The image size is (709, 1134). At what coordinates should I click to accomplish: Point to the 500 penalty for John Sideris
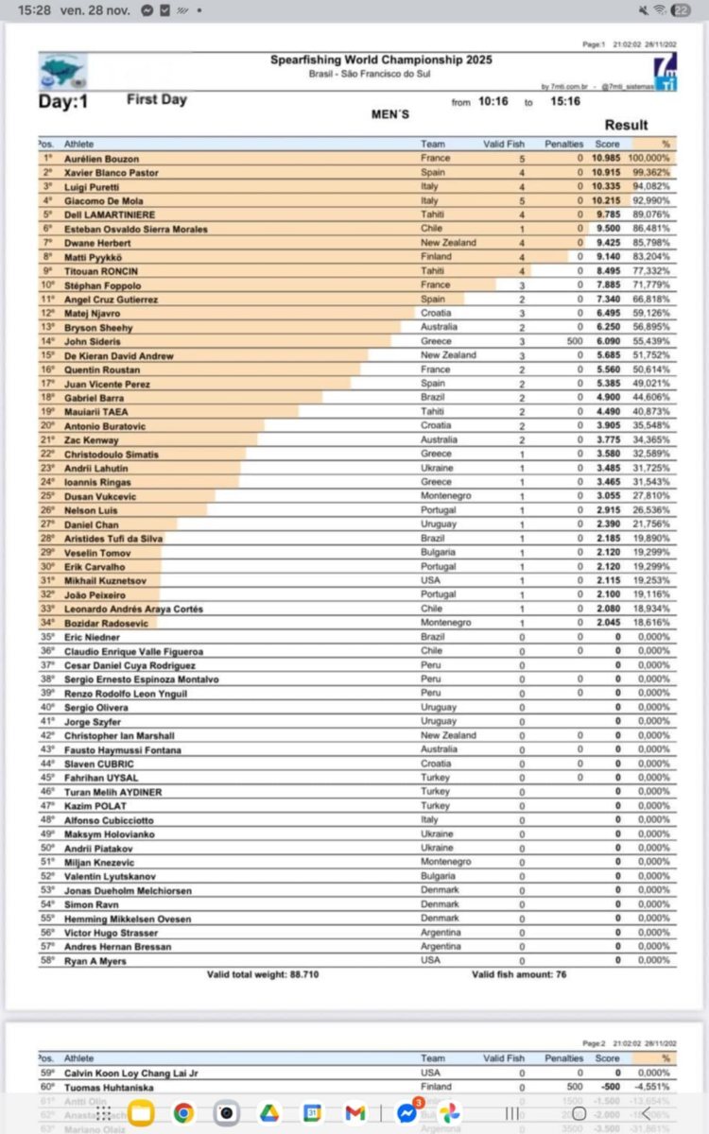tap(575, 341)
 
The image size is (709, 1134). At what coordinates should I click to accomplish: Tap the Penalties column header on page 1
tap(564, 144)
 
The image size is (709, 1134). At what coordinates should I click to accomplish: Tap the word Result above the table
tap(626, 125)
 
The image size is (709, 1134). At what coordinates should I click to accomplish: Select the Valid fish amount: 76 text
tap(519, 974)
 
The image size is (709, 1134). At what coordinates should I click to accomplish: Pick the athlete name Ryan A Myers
tap(95, 961)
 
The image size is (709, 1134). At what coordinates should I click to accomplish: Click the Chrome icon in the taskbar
tap(183, 1113)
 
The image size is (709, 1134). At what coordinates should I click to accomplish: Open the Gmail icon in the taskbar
tap(355, 1113)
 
